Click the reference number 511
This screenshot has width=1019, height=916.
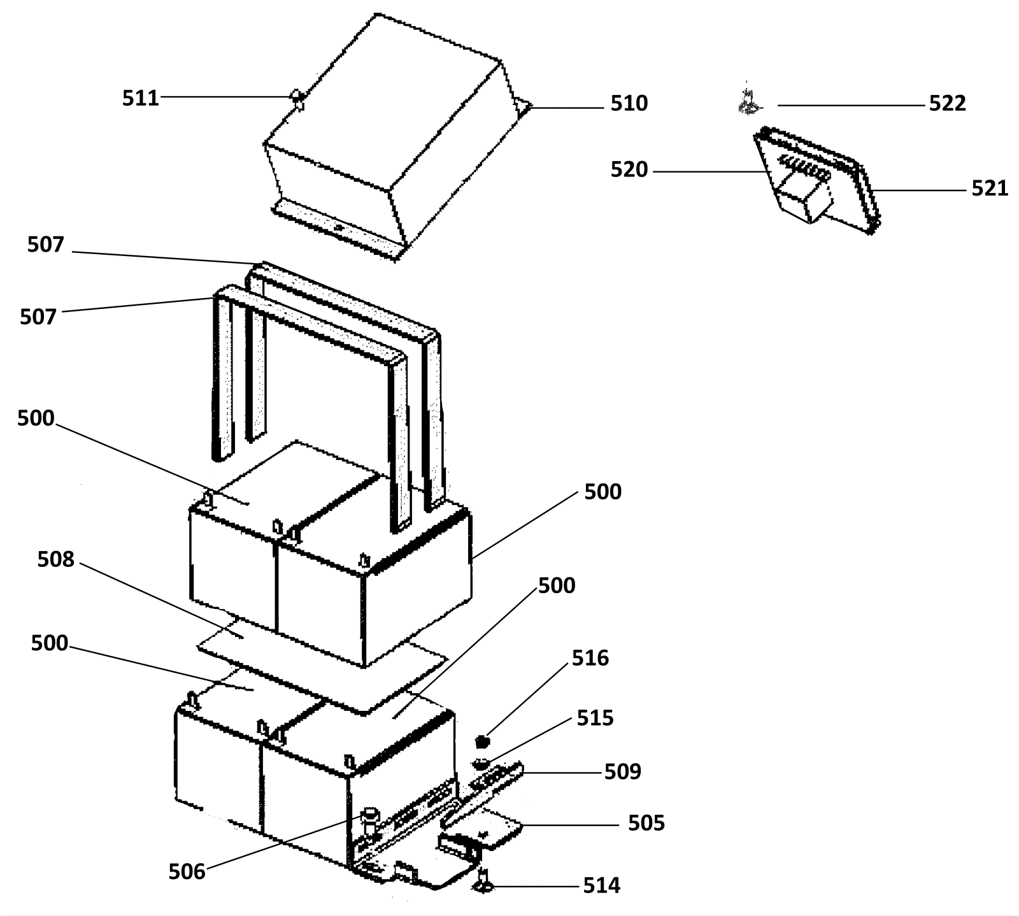click(x=140, y=98)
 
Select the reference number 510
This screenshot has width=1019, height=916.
click(x=629, y=103)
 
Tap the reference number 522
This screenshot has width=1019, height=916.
click(x=948, y=103)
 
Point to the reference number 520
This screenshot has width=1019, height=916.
click(x=629, y=169)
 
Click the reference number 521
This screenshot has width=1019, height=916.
click(x=990, y=189)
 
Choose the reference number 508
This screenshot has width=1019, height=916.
click(x=56, y=559)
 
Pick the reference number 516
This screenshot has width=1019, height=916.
click(x=590, y=658)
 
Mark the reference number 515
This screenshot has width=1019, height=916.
click(x=595, y=718)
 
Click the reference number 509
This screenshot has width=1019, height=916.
click(x=623, y=771)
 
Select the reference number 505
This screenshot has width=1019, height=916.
click(x=646, y=823)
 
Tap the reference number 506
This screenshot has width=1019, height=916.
click(x=187, y=871)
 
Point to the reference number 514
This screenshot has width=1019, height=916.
click(x=602, y=885)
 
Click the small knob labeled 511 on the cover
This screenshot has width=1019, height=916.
click(x=297, y=98)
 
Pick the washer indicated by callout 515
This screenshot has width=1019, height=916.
click(x=481, y=762)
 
